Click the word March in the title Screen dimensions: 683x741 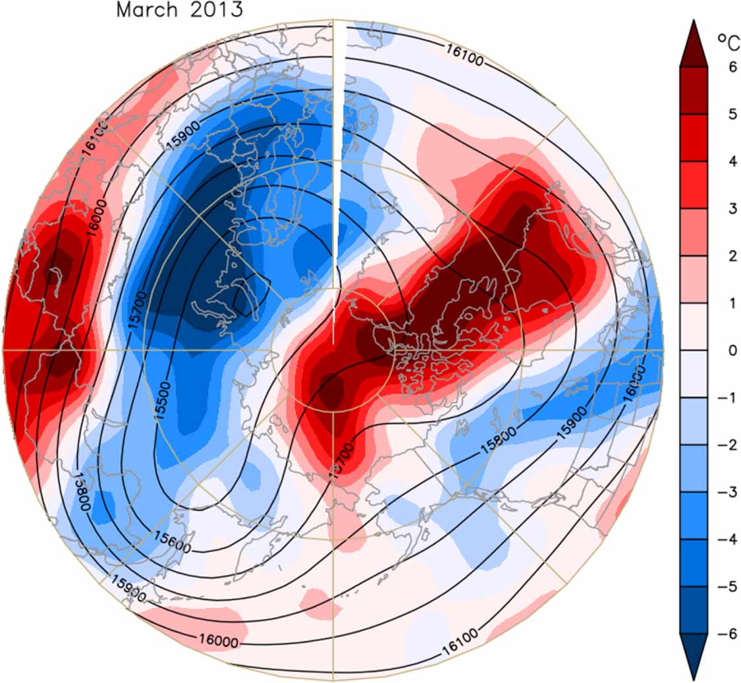pos(146,10)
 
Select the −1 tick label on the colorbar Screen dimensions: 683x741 pos(719,398)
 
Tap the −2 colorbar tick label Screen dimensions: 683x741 pos(719,445)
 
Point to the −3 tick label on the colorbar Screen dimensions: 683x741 pos(719,493)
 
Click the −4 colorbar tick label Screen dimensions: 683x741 pos(719,540)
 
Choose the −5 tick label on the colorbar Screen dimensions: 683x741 pos(719,587)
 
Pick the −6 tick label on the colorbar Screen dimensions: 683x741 pos(719,635)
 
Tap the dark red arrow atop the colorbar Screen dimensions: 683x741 pos(694,43)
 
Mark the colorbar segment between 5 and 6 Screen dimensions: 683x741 pos(694,90)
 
